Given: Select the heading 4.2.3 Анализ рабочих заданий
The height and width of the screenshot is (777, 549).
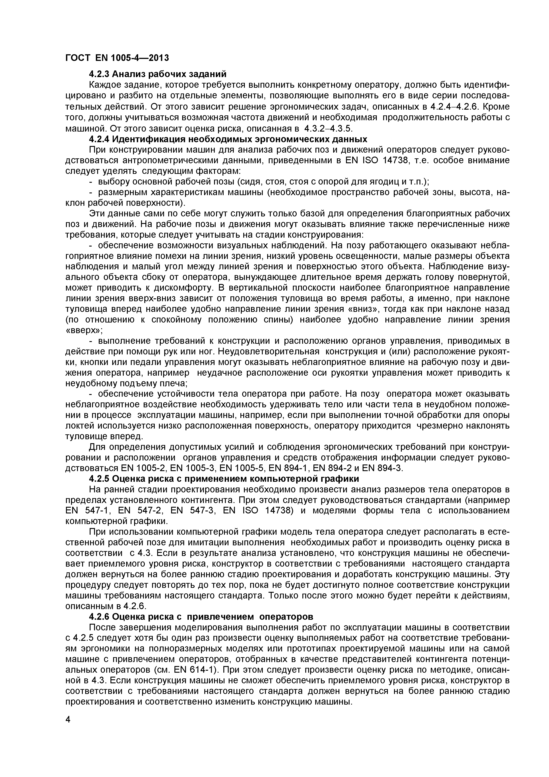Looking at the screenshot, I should pos(158,74).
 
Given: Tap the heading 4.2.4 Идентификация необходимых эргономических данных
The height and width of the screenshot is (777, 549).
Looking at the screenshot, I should pos(228,139).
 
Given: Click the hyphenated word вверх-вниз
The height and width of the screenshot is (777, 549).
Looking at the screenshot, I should pos(154,299).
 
